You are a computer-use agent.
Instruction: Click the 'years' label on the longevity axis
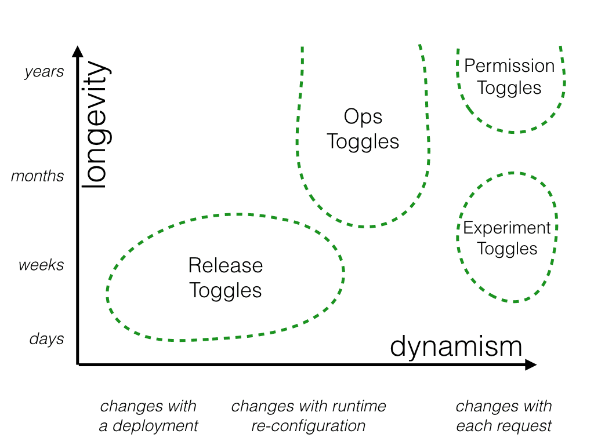tap(44, 72)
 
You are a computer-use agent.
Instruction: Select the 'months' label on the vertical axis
tap(38, 176)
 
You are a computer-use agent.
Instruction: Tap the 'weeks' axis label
tap(41, 265)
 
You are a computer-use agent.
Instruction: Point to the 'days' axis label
tap(46, 338)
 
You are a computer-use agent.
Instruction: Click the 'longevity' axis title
tap(95, 125)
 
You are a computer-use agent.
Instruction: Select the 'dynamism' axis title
tap(456, 346)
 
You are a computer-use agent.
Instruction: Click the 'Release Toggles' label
tap(226, 278)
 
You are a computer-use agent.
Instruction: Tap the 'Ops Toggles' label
tap(363, 129)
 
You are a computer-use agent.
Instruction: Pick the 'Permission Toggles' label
tap(509, 76)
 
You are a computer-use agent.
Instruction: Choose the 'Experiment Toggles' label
tap(507, 238)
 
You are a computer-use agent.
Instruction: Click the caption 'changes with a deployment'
tap(148, 416)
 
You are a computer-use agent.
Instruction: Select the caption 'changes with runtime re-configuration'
tap(309, 416)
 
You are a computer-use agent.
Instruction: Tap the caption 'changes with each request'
tap(504, 416)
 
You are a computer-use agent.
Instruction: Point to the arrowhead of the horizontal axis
tap(530, 364)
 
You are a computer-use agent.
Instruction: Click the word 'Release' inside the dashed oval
tap(226, 266)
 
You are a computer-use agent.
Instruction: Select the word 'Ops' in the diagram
tap(363, 117)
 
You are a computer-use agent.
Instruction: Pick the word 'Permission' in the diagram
tap(509, 66)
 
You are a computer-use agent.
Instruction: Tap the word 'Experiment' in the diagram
tap(507, 228)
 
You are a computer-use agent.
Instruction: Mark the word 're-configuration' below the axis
tap(309, 426)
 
